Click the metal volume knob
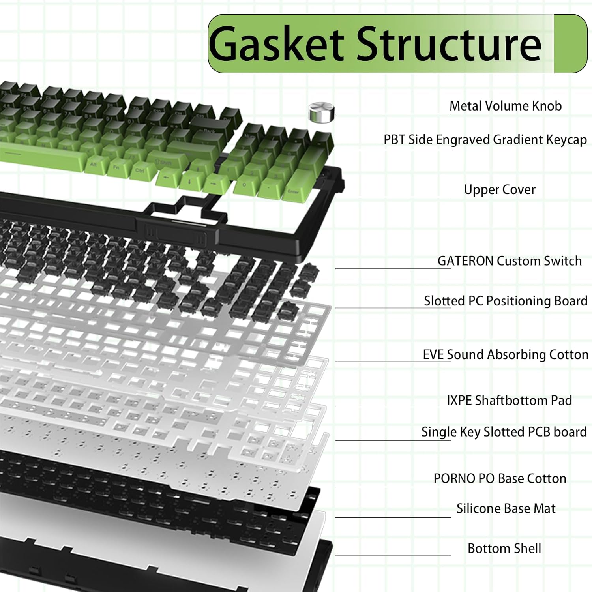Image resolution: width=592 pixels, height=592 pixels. (321, 112)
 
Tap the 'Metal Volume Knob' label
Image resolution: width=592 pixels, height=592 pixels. (506, 106)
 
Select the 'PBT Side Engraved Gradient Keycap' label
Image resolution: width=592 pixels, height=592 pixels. (485, 140)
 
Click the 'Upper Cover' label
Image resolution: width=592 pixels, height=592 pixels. (500, 190)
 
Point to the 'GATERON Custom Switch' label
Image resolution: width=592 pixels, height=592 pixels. (510, 261)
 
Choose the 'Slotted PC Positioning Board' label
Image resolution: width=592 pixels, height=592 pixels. (506, 301)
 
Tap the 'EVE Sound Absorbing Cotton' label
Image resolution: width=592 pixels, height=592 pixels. (506, 355)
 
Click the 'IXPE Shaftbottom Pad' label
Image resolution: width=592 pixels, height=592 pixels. (509, 401)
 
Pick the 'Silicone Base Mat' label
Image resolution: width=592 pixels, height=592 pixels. (506, 508)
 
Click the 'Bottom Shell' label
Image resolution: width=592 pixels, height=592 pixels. (504, 548)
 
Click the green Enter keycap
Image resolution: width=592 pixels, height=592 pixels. (294, 190)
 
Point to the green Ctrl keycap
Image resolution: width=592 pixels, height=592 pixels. (140, 170)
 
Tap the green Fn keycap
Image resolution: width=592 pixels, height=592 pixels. (117, 167)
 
